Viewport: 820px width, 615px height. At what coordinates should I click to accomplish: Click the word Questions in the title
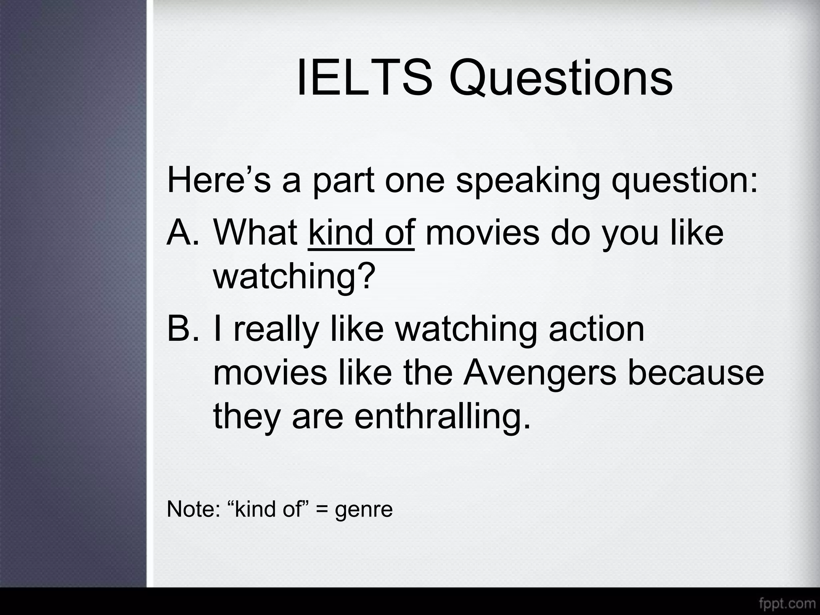click(x=561, y=78)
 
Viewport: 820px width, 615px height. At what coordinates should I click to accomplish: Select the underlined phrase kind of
click(x=362, y=233)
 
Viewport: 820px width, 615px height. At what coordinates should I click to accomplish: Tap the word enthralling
click(x=442, y=416)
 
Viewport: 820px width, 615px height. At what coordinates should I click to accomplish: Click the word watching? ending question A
click(x=295, y=276)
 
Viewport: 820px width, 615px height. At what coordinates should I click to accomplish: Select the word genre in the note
click(x=364, y=510)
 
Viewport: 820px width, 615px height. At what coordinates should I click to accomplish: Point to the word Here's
click(x=219, y=180)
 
